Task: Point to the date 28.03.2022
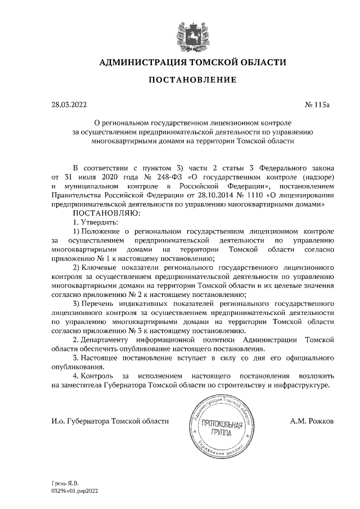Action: tap(70, 105)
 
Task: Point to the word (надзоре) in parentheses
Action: tap(318, 177)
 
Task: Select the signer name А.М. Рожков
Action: tap(314, 421)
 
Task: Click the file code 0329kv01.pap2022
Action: tap(75, 490)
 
